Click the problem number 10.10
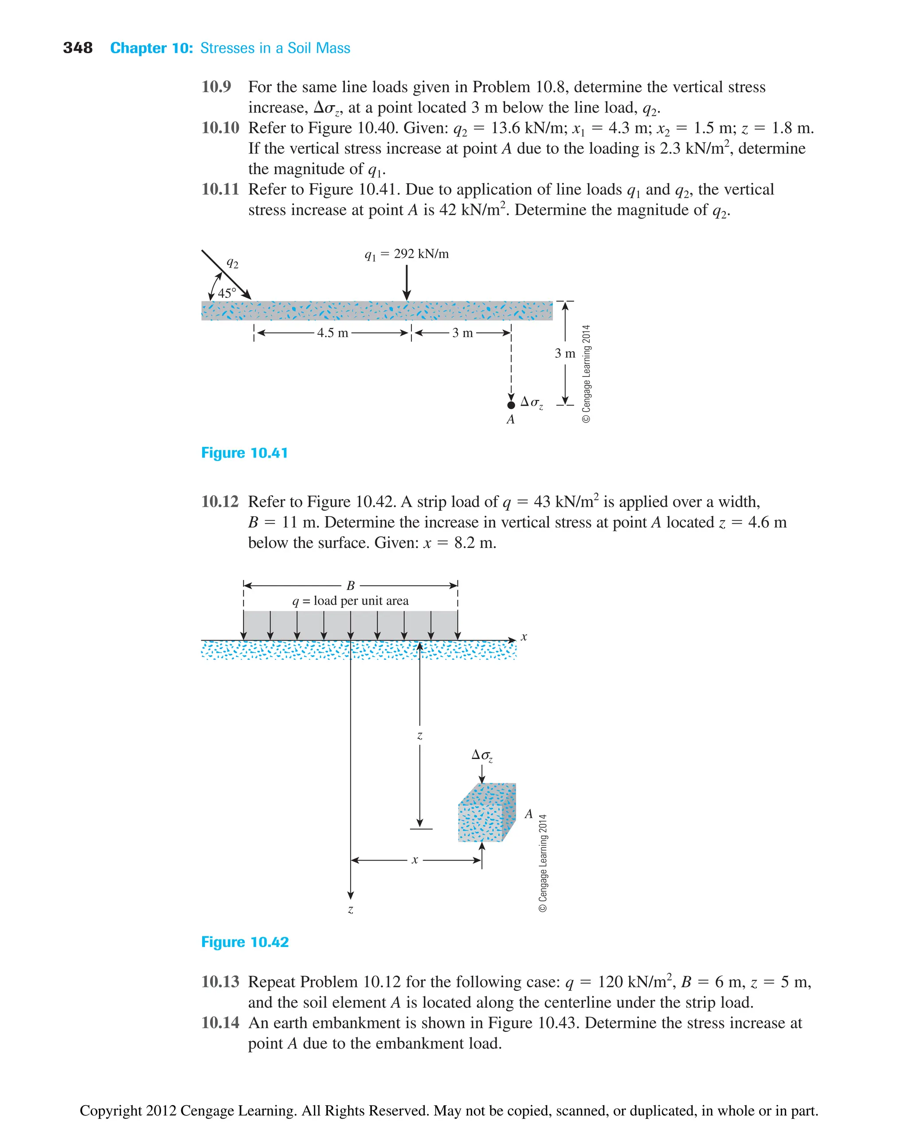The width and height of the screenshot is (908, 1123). tap(220, 128)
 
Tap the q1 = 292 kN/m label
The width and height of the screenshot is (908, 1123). tap(407, 254)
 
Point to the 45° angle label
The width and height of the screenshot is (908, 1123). tap(227, 293)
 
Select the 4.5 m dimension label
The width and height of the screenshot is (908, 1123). tap(332, 333)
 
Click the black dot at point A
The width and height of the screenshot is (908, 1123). tap(511, 405)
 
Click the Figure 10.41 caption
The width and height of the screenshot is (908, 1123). tap(244, 453)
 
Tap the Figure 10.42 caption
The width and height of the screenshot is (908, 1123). tap(245, 942)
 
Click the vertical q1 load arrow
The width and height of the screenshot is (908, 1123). tap(407, 282)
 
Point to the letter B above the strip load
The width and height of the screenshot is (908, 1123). tap(350, 585)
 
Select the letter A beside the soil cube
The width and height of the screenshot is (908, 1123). tap(529, 814)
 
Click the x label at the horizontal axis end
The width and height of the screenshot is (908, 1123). tap(524, 637)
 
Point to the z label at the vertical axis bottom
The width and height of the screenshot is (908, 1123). tap(350, 910)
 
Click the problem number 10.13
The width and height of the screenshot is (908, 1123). tap(220, 982)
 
